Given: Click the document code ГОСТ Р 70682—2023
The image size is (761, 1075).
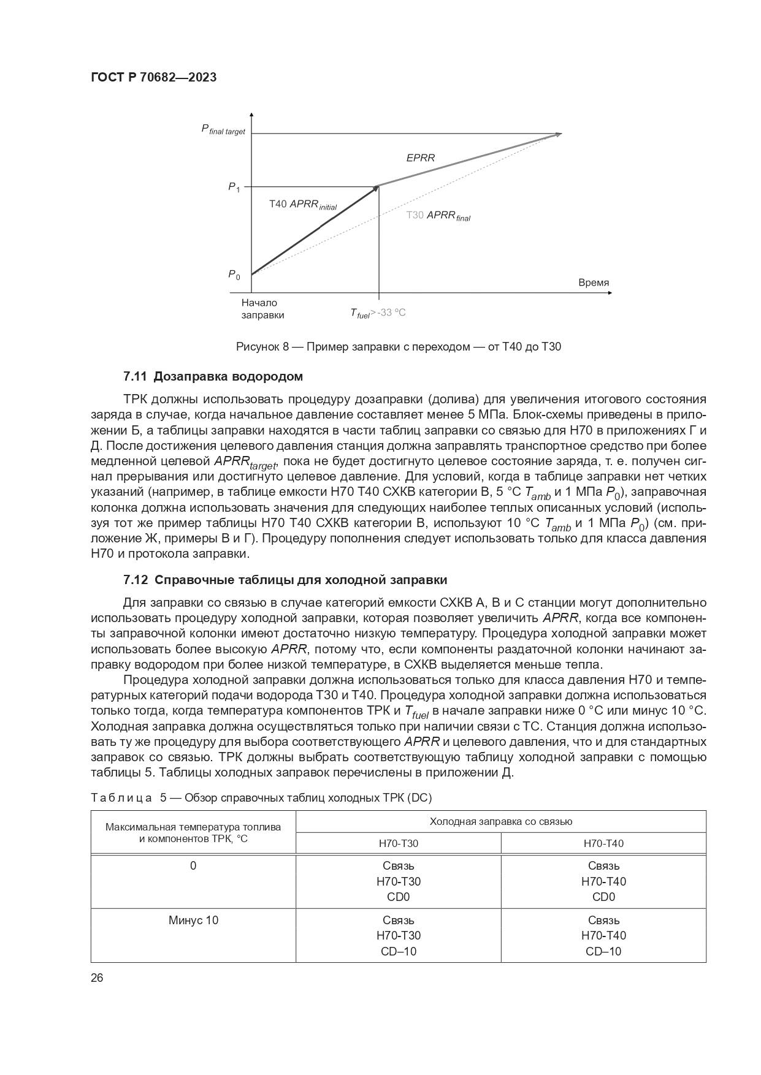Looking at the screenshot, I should pyautogui.click(x=153, y=78).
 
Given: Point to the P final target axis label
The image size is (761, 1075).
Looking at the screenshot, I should pyautogui.click(x=223, y=130).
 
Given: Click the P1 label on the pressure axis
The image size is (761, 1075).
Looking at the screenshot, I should pyautogui.click(x=234, y=187).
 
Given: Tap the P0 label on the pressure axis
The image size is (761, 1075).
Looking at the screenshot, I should pyautogui.click(x=234, y=275).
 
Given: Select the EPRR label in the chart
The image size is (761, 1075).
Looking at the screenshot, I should pyautogui.click(x=421, y=158).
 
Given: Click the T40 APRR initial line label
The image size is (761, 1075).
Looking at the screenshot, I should pyautogui.click(x=303, y=205).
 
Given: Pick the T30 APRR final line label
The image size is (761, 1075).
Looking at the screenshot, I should pyautogui.click(x=438, y=216).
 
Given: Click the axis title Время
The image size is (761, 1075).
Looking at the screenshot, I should pyautogui.click(x=594, y=283).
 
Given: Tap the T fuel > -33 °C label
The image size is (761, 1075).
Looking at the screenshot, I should pyautogui.click(x=378, y=313).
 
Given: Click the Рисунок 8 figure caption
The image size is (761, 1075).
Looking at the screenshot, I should pyautogui.click(x=399, y=347).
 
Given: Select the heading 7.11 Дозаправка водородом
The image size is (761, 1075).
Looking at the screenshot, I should pyautogui.click(x=213, y=376).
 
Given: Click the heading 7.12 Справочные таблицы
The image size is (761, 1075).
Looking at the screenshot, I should pyautogui.click(x=285, y=580).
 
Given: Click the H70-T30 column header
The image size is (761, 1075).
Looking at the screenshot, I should pyautogui.click(x=399, y=843).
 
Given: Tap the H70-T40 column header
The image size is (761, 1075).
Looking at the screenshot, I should pyautogui.click(x=603, y=843).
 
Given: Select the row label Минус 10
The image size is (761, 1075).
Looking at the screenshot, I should pyautogui.click(x=193, y=921).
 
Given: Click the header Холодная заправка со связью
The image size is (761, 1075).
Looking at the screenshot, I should pyautogui.click(x=500, y=822).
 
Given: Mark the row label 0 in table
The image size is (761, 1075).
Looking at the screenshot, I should pyautogui.click(x=193, y=866).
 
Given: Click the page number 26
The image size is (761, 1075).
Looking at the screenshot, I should pyautogui.click(x=98, y=978).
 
